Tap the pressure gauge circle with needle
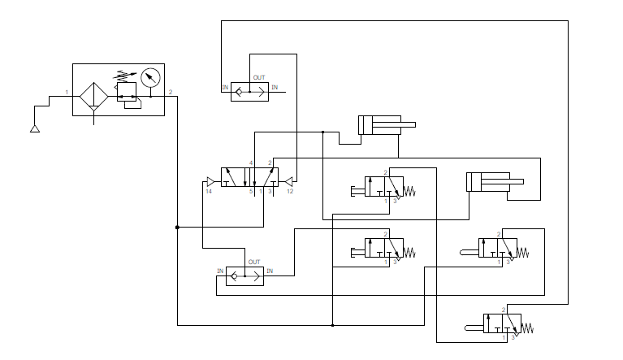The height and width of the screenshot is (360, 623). [149, 78]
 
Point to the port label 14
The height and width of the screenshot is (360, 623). [209, 191]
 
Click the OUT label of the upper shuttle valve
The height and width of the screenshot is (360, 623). [258, 77]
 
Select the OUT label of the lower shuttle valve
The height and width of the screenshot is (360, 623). [253, 262]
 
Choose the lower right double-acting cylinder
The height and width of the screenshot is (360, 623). [487, 182]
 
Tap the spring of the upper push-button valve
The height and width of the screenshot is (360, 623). [409, 192]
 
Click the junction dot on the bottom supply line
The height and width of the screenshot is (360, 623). [333, 326]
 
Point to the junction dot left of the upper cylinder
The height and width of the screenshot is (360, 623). [323, 132]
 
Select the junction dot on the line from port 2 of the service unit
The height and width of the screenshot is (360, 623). [177, 228]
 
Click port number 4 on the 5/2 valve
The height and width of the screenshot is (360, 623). [251, 163]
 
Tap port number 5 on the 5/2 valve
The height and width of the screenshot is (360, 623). [251, 191]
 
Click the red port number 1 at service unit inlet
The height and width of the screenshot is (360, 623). [67, 92]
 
